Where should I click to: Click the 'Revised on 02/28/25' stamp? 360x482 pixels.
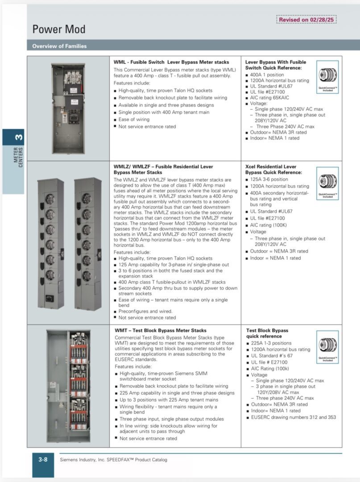click(x=306, y=20)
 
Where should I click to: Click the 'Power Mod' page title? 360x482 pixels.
click(x=58, y=30)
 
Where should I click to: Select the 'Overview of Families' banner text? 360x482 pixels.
click(x=59, y=46)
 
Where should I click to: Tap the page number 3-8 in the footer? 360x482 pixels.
click(x=43, y=459)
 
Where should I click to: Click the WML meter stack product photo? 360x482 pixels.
click(x=68, y=108)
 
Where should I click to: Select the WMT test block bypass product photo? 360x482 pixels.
click(x=68, y=386)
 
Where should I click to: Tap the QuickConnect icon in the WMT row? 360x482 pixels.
click(x=328, y=346)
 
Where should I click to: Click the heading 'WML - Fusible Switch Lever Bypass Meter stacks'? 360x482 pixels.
click(x=171, y=62)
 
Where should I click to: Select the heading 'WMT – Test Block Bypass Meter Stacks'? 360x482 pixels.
click(x=160, y=330)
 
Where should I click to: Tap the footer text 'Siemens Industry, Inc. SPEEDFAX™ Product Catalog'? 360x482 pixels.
click(x=114, y=460)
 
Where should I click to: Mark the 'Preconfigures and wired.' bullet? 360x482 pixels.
click(x=145, y=312)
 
